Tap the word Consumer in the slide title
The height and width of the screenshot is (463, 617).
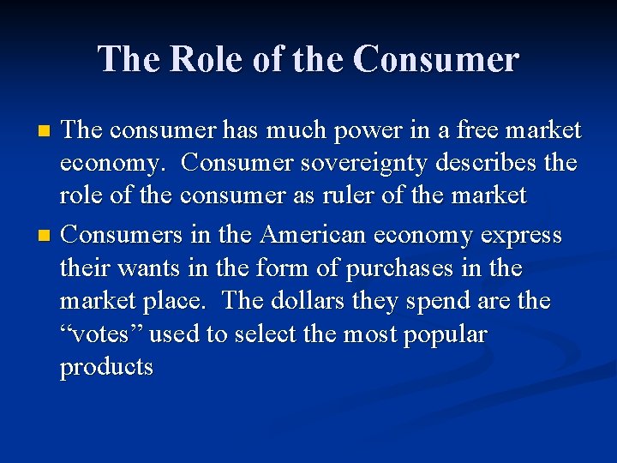coord(436,59)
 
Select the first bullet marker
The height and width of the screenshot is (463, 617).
coord(47,131)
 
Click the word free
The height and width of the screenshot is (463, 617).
coord(470,129)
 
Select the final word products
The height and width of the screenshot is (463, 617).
coord(106,367)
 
